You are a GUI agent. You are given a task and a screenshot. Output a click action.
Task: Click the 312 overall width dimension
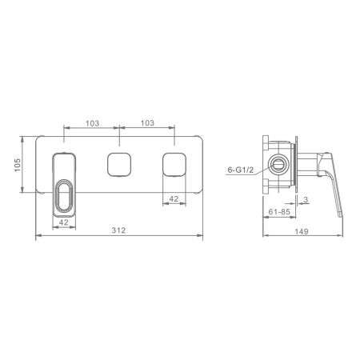click(x=118, y=230)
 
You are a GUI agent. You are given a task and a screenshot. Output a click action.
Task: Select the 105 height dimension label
click(x=18, y=165)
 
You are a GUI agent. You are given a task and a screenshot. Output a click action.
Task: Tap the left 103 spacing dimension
click(x=92, y=123)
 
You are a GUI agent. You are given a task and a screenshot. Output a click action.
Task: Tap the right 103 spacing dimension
click(x=147, y=123)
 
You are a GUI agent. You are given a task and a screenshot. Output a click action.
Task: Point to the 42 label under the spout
click(x=63, y=222)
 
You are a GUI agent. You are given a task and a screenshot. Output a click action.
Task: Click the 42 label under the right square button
click(x=174, y=198)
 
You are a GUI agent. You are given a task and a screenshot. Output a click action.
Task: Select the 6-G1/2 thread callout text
click(x=240, y=170)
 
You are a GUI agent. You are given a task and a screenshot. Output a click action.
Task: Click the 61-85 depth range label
click(x=279, y=212)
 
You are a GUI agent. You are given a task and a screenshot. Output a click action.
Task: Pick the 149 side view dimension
click(x=302, y=231)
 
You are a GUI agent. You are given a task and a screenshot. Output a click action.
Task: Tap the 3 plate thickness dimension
click(x=306, y=199)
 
